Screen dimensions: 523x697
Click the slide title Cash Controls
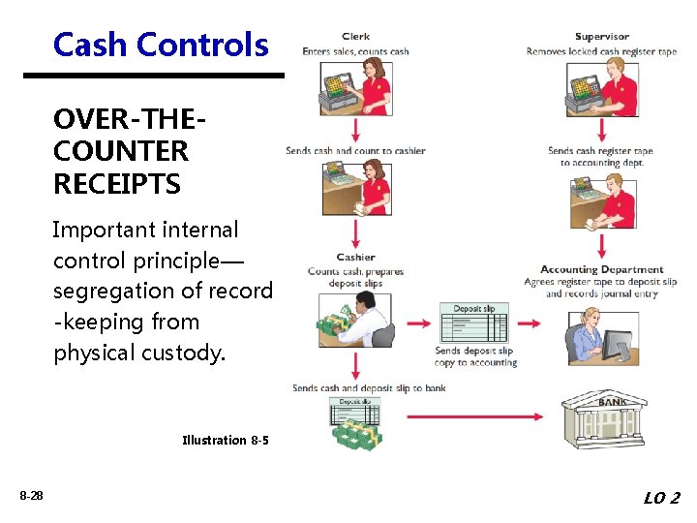(161, 45)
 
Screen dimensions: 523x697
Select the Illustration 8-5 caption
(226, 441)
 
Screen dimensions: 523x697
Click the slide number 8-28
(31, 496)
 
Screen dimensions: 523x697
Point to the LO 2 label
(661, 498)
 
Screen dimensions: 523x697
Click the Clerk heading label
(355, 38)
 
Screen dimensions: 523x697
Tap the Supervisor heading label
(601, 38)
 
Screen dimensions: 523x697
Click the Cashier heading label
(355, 258)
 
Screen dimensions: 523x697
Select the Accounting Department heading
(601, 270)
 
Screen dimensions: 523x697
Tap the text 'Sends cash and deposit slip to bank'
(369, 388)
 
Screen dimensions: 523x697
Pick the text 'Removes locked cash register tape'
(601, 51)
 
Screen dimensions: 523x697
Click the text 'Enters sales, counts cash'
(355, 51)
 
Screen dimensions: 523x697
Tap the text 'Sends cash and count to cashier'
(355, 151)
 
